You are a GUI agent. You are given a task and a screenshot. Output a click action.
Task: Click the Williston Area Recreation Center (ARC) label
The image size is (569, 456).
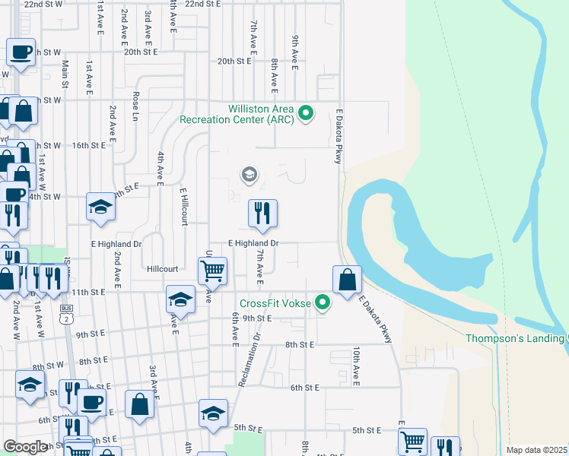(x=237, y=114)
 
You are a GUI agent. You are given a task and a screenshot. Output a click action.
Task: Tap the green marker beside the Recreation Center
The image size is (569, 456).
(x=306, y=114)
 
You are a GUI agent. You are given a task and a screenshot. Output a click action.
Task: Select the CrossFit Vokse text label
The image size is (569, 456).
(x=275, y=303)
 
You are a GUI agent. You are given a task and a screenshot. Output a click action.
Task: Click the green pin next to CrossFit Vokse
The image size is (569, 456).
(x=323, y=303)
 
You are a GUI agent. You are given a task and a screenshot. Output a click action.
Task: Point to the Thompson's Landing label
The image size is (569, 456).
(x=515, y=339)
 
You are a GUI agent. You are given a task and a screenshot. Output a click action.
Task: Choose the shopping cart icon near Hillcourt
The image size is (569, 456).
(x=212, y=271)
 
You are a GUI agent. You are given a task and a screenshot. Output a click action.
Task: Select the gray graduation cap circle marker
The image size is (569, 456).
(x=249, y=176)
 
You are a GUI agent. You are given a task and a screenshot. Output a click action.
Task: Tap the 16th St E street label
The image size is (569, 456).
(x=88, y=144)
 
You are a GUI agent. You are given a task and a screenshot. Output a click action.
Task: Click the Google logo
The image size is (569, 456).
(x=26, y=448)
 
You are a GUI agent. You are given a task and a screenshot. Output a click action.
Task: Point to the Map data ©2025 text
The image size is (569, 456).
(x=536, y=450)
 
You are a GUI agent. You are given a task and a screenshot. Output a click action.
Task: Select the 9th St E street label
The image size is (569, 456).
(x=258, y=318)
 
